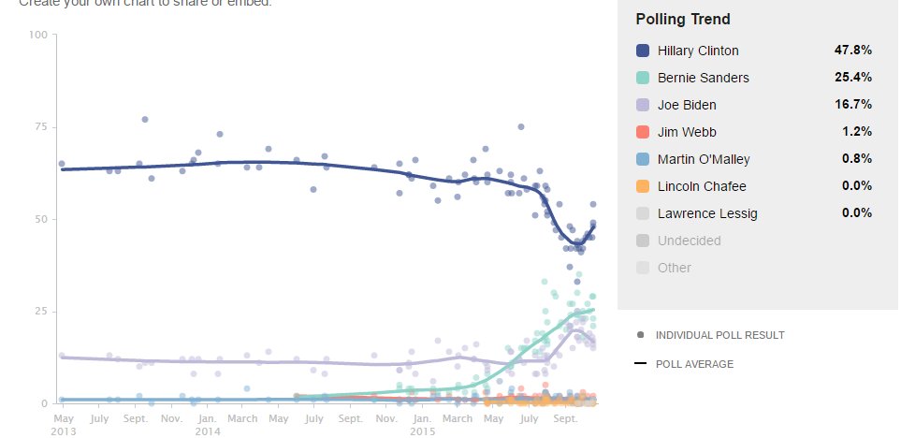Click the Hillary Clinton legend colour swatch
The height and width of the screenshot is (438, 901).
click(x=643, y=51)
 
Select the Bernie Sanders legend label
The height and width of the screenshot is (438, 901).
click(x=703, y=78)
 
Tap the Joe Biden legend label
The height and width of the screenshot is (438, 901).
click(x=687, y=105)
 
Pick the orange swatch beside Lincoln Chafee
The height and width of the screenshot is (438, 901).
click(x=643, y=186)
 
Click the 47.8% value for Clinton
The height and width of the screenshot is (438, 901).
click(x=852, y=51)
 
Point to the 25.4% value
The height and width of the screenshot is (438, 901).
click(x=852, y=78)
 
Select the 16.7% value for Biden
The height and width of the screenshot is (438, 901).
click(x=852, y=105)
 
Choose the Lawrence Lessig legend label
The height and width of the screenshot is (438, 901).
click(x=707, y=213)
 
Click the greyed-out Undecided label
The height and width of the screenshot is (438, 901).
click(x=690, y=241)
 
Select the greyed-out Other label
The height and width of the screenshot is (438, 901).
click(x=675, y=268)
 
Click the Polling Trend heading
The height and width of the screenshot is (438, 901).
click(x=683, y=20)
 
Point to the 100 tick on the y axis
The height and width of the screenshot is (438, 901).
click(x=38, y=36)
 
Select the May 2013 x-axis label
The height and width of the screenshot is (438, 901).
click(x=63, y=424)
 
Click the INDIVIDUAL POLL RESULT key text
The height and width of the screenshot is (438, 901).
click(x=720, y=335)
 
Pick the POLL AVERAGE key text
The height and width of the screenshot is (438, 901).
click(x=694, y=364)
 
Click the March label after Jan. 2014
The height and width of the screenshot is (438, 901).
click(x=242, y=418)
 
